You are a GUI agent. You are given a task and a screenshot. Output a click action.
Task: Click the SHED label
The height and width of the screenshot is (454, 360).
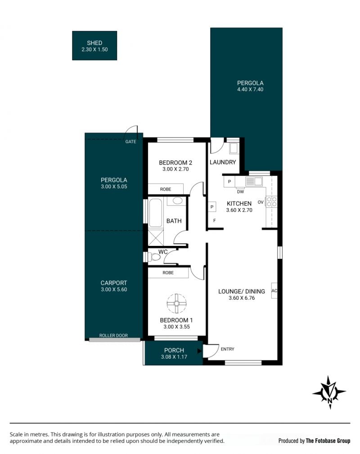pyautogui.click(x=94, y=43)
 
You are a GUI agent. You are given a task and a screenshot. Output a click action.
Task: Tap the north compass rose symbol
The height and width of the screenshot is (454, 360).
pyautogui.click(x=329, y=392)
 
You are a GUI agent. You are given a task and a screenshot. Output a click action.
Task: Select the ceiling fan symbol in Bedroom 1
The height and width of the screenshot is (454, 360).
pyautogui.click(x=176, y=303)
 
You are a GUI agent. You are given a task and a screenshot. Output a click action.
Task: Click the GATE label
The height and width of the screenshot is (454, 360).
pyautogui.click(x=130, y=142)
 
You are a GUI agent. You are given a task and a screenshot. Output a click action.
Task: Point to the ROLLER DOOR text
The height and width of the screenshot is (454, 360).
pyautogui.click(x=113, y=335)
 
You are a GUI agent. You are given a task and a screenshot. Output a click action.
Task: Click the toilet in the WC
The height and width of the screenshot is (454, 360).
pyautogui.click(x=154, y=257)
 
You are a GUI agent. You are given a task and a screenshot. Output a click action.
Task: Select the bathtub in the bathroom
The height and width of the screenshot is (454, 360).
pyautogui.click(x=156, y=213)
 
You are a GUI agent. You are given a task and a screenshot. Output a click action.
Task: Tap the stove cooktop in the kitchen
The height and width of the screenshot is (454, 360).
pyautogui.click(x=272, y=201)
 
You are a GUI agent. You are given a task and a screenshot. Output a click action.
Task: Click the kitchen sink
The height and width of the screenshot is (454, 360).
pyautogui.click(x=254, y=182)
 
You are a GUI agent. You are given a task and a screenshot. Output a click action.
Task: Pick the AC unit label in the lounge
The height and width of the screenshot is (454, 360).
pyautogui.click(x=274, y=290)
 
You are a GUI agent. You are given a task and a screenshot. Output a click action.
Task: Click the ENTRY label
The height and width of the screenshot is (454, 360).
pyautogui.click(x=228, y=349)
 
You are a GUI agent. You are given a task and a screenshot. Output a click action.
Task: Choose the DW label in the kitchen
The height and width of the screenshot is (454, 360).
pyautogui.click(x=241, y=191)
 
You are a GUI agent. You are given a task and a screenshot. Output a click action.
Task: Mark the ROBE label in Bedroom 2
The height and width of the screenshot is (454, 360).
pyautogui.click(x=166, y=189)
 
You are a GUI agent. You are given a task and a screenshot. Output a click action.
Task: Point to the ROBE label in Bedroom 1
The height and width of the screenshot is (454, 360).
pyautogui.click(x=168, y=272)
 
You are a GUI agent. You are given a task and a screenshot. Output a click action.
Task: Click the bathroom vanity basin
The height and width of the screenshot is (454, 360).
pyautogui.click(x=177, y=200)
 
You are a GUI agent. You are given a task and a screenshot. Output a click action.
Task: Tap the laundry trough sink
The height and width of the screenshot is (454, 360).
pyautogui.click(x=234, y=148)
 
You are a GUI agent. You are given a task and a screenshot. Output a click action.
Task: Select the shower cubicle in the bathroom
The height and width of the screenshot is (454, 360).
pyautogui.click(x=156, y=237)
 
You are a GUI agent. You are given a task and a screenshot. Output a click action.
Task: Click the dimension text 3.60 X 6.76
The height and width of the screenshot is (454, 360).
pyautogui.click(x=242, y=298)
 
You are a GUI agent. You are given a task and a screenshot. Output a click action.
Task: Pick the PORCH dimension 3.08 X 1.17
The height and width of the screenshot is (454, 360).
pyautogui.click(x=174, y=357)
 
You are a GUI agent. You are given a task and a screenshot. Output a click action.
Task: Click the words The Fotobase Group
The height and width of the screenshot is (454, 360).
pyautogui.click(x=328, y=441)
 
